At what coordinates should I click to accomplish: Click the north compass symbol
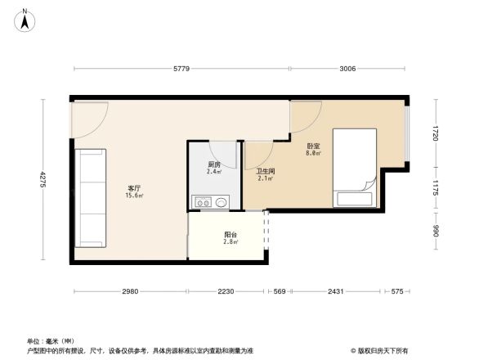(x=26, y=19)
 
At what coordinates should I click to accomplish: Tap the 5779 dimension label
(x=181, y=70)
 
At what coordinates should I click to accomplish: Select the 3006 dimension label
(x=347, y=70)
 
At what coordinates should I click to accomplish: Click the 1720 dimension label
(x=436, y=133)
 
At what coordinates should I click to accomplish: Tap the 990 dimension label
(x=436, y=232)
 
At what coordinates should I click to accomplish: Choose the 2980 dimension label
(x=131, y=292)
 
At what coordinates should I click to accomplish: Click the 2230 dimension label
(x=226, y=292)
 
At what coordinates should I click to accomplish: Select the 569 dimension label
(x=280, y=292)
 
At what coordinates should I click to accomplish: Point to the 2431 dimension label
(x=335, y=292)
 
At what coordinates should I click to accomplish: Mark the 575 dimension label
(x=397, y=292)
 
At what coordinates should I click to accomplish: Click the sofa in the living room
(x=91, y=198)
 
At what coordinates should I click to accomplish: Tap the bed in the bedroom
(x=355, y=168)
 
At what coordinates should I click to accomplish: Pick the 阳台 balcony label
(x=231, y=235)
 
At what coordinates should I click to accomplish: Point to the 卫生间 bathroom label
(x=266, y=171)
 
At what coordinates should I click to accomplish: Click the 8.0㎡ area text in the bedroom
(x=313, y=153)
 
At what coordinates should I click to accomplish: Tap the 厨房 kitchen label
(x=214, y=164)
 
